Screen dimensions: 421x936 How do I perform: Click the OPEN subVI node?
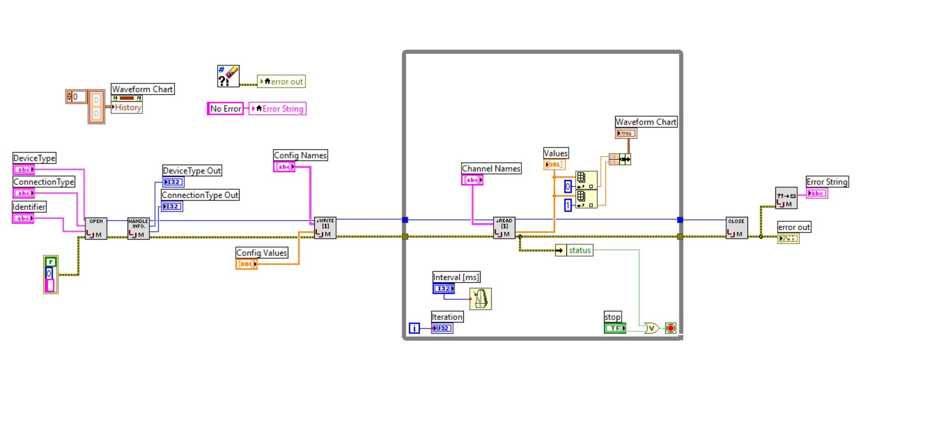[x=96, y=228]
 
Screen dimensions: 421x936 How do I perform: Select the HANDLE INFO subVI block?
[x=138, y=228]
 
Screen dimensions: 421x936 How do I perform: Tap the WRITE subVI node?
[x=325, y=228]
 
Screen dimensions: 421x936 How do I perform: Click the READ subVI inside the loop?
[x=504, y=228]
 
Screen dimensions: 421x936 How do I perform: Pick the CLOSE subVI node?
[x=736, y=228]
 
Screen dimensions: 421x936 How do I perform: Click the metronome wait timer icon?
[x=480, y=298]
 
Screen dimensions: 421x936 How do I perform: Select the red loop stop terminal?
[x=670, y=328]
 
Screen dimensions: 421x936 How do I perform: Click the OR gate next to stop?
[x=651, y=328]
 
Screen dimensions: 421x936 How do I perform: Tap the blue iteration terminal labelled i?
[x=414, y=328]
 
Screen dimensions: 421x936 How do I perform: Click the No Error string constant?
[x=225, y=109]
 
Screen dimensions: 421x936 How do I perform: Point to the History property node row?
[x=127, y=107]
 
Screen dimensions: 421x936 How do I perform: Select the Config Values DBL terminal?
[x=247, y=264]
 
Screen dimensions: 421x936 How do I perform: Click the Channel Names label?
[x=491, y=168]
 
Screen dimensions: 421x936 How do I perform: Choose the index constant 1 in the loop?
[x=567, y=205]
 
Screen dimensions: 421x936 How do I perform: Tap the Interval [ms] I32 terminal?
[x=443, y=289]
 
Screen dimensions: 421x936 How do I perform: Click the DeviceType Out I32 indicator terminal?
[x=173, y=182]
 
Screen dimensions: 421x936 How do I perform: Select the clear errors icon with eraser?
[x=228, y=76]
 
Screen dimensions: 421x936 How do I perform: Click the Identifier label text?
[x=29, y=207]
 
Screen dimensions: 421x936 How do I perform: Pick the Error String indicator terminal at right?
[x=817, y=193]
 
